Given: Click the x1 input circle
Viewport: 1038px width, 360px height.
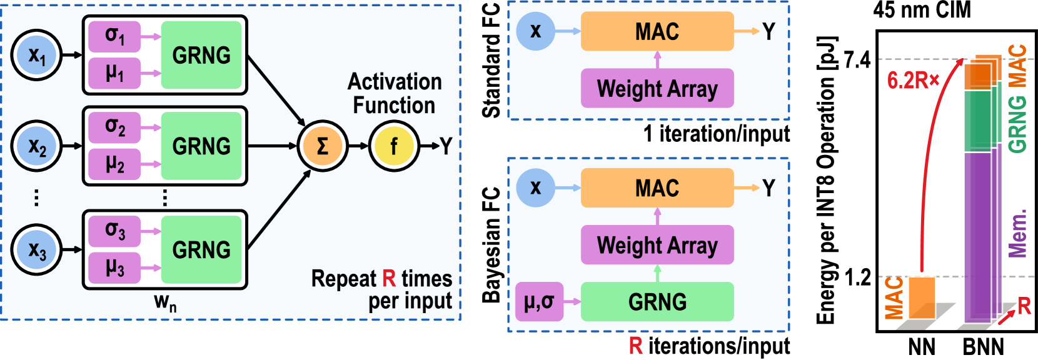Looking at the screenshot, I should pyautogui.click(x=37, y=55).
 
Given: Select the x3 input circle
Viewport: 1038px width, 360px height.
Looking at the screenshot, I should pyautogui.click(x=37, y=250).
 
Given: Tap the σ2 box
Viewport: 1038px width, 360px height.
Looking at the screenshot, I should pyautogui.click(x=114, y=127).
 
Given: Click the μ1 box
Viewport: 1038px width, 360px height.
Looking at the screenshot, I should pyautogui.click(x=114, y=73).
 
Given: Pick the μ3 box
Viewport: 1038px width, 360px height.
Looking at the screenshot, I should pyautogui.click(x=114, y=268).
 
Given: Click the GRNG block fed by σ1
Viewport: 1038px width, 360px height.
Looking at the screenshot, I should pyautogui.click(x=201, y=55).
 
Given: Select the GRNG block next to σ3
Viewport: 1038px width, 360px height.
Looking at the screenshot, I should pyautogui.click(x=201, y=250).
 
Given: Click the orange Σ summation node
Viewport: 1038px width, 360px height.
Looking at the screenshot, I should pyautogui.click(x=322, y=146).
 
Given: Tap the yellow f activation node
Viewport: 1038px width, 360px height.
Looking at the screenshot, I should pyautogui.click(x=393, y=146).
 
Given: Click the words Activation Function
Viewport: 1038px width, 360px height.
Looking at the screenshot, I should pyautogui.click(x=395, y=93).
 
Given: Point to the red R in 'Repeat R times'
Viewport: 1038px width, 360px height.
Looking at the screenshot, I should pyautogui.click(x=389, y=278).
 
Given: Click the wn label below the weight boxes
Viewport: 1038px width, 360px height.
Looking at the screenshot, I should pyautogui.click(x=165, y=302).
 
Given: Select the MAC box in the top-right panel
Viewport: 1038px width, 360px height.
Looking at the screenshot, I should pyautogui.click(x=657, y=31).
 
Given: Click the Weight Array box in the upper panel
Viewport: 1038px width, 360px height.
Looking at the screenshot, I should pyautogui.click(x=657, y=88).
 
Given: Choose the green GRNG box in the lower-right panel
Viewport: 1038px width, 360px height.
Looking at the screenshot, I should pyautogui.click(x=657, y=302).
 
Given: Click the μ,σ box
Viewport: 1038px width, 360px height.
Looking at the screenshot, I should pyautogui.click(x=539, y=302).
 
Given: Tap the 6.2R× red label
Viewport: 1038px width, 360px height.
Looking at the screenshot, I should pyautogui.click(x=912, y=81).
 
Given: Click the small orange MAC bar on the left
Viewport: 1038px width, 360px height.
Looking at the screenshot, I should pyautogui.click(x=921, y=297).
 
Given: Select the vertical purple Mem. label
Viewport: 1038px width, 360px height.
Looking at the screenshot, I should pyautogui.click(x=1018, y=233).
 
